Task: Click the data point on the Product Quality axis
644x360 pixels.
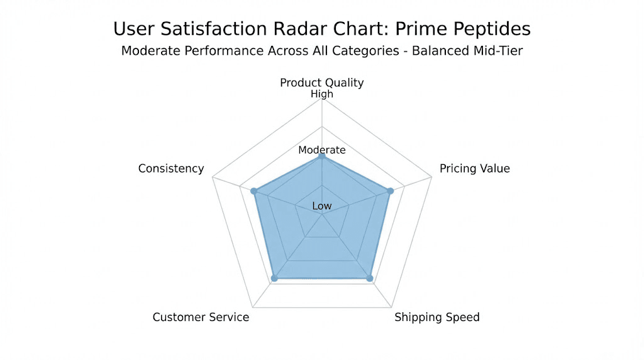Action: [x=322, y=155]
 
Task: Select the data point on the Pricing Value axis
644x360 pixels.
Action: [x=390, y=191]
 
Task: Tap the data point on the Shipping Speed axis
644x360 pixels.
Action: [x=370, y=278]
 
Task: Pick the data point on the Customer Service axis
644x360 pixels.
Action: [x=274, y=278]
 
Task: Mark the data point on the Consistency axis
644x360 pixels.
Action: [x=254, y=191]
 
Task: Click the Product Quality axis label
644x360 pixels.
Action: [x=322, y=82]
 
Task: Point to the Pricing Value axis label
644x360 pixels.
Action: [x=475, y=169]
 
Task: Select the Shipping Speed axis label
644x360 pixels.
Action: [x=437, y=317]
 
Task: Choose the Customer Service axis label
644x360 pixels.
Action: [x=201, y=317]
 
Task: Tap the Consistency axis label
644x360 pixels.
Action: [x=171, y=169]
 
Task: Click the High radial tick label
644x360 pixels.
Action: [x=322, y=94]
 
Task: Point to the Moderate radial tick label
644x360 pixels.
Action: [x=322, y=150]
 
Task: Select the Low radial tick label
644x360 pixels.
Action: [x=322, y=206]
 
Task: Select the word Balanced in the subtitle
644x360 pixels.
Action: [x=439, y=51]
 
